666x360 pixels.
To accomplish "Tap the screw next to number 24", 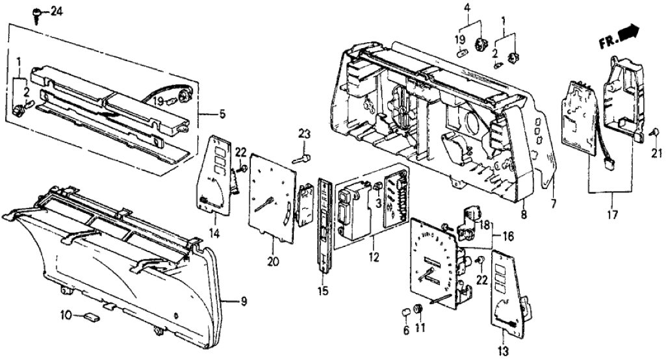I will [39, 13].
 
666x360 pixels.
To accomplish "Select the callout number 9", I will [244, 302].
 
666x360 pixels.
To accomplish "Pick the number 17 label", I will [611, 214].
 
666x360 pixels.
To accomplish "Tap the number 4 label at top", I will [467, 8].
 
